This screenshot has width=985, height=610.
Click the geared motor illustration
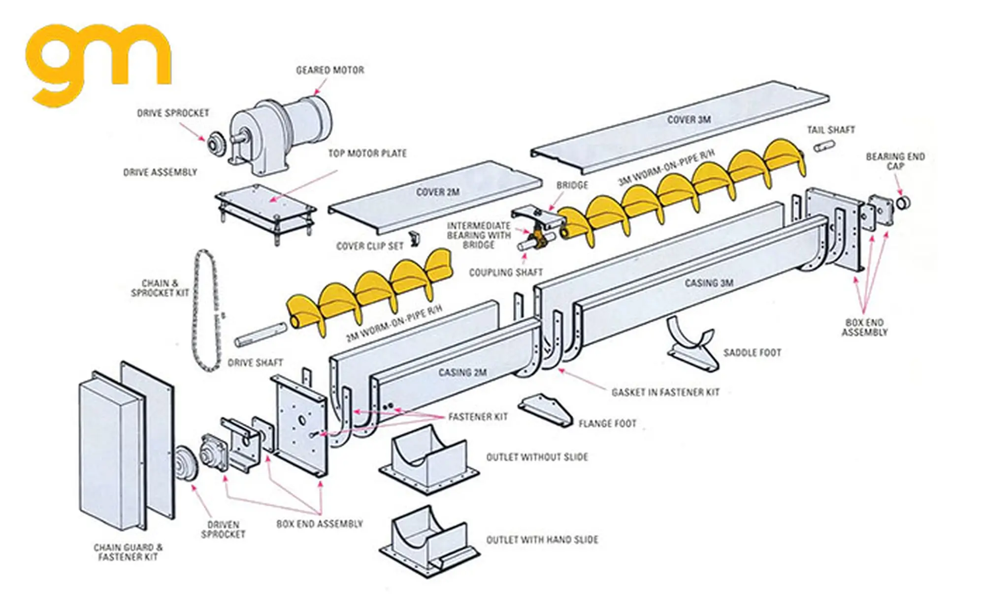click(281, 133)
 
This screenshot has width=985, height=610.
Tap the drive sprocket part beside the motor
click(215, 143)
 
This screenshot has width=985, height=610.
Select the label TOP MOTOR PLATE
click(367, 153)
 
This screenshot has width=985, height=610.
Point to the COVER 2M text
click(437, 192)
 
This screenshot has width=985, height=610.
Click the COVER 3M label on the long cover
click(689, 120)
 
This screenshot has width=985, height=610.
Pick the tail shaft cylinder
click(823, 146)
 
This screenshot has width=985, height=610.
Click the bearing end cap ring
click(903, 202)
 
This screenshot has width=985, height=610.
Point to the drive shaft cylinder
click(260, 334)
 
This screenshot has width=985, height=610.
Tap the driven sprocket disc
click(186, 461)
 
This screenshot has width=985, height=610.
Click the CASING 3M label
click(709, 283)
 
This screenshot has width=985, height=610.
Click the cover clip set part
click(414, 238)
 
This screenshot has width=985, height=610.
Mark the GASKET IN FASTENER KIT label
click(665, 392)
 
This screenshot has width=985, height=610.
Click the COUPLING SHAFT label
click(505, 272)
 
